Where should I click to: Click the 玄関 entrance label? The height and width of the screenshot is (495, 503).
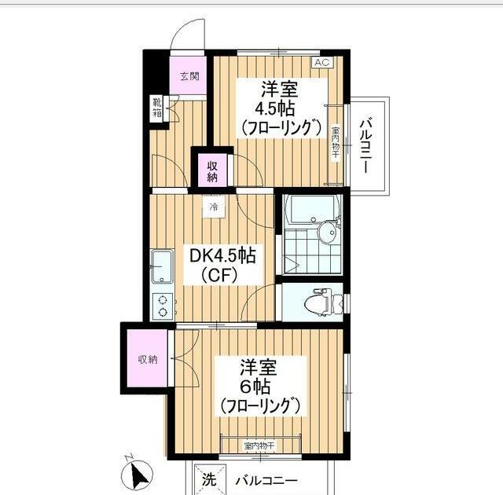[x=189, y=76]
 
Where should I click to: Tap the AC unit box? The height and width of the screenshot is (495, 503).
[x=321, y=61]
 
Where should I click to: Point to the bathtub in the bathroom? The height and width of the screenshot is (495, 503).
[x=311, y=210]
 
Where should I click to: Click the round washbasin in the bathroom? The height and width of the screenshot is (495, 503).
[x=329, y=233]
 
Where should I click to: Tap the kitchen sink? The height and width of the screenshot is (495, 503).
[x=162, y=267]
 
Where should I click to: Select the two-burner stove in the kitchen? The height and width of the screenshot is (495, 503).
[x=163, y=305]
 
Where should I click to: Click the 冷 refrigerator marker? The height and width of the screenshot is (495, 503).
[x=214, y=207]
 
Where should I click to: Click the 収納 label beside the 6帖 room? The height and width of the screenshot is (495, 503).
[x=147, y=360]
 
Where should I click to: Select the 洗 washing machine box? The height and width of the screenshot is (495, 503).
[x=208, y=478]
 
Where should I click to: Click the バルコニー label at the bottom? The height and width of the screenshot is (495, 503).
[x=266, y=479]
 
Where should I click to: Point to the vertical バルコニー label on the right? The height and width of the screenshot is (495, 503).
[x=366, y=146]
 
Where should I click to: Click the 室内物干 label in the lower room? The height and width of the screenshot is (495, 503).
[x=259, y=446]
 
